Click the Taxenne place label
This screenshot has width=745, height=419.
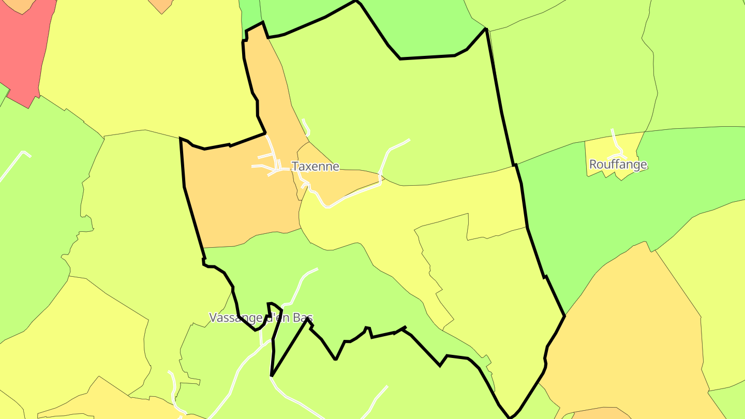(x=315, y=167)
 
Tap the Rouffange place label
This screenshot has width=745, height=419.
(x=618, y=164)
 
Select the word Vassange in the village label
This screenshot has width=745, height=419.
(x=236, y=318)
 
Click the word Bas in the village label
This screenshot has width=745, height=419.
(x=303, y=318)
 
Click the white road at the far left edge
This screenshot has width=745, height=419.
(x=13, y=166)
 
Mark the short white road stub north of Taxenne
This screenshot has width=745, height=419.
(x=306, y=127)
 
